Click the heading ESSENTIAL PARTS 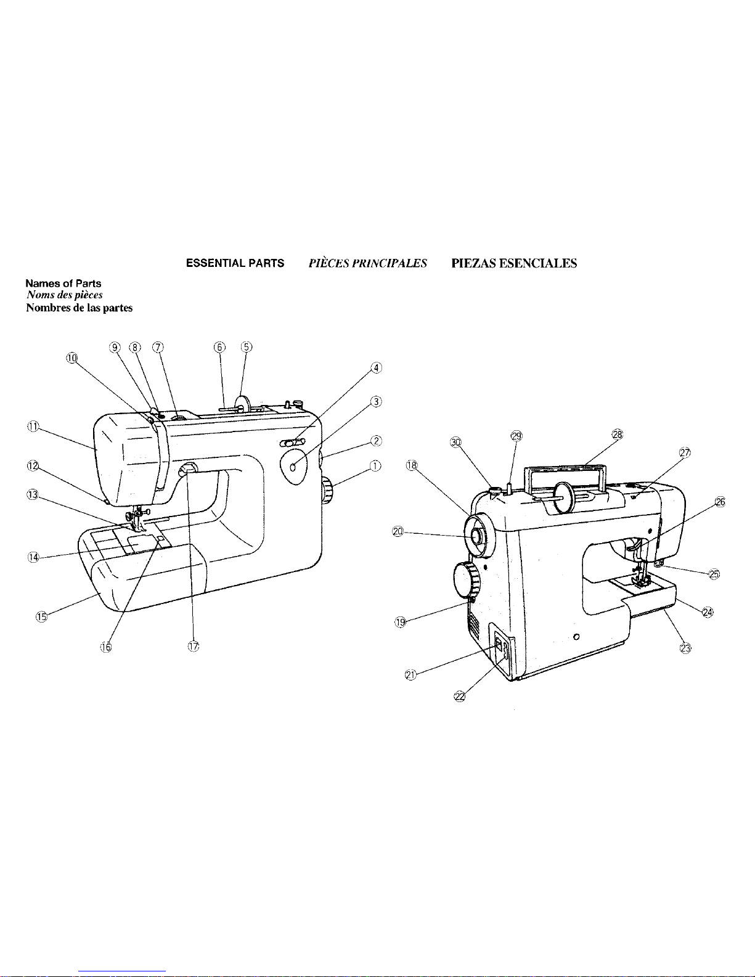[x=235, y=263]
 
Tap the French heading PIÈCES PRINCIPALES [x=367, y=263]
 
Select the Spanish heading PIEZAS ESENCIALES [x=514, y=263]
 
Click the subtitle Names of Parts [x=63, y=284]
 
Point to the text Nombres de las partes [x=79, y=308]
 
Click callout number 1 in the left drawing [x=375, y=466]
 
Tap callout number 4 [x=376, y=368]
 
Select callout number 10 [x=72, y=358]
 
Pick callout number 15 [x=41, y=617]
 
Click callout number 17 [x=194, y=647]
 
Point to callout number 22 [x=460, y=697]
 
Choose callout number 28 [x=618, y=434]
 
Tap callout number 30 [x=455, y=442]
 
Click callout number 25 [x=714, y=574]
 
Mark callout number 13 [x=33, y=494]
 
